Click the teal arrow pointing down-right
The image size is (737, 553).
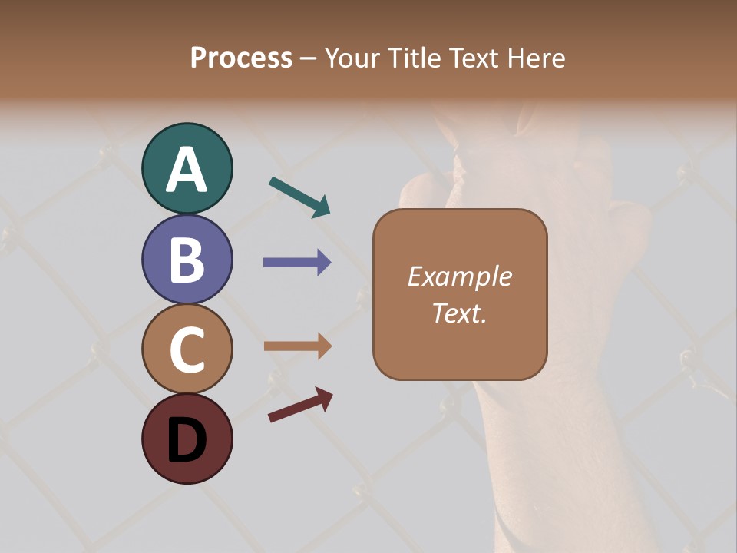click(x=299, y=197)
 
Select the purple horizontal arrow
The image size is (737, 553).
click(x=297, y=263)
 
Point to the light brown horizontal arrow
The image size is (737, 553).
click(x=297, y=346)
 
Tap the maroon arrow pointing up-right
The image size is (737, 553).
click(x=300, y=405)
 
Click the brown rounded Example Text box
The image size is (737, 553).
click(x=460, y=294)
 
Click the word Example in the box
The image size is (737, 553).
click(x=459, y=276)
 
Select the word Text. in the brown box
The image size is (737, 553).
click(x=459, y=313)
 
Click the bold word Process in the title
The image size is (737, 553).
click(x=241, y=58)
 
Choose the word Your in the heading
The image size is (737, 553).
click(x=352, y=58)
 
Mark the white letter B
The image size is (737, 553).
click(x=187, y=260)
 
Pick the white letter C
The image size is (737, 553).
click(x=187, y=349)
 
